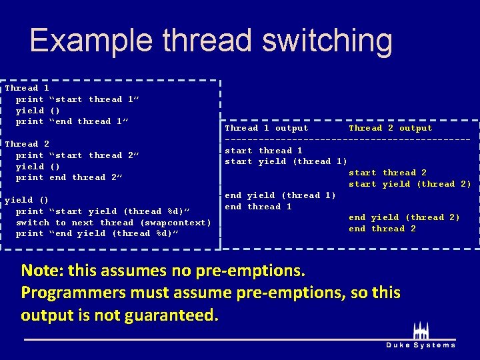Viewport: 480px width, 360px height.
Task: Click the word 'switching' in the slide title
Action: [327, 41]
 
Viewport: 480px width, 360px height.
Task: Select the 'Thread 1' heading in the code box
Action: [27, 87]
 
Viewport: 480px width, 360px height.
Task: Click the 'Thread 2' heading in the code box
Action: [27, 143]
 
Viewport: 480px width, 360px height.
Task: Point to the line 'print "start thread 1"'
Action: [77, 99]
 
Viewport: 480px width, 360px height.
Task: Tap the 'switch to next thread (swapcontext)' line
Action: [113, 222]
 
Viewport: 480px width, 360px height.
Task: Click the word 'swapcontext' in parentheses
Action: [175, 222]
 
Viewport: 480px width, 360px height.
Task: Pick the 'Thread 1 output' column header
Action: [267, 128]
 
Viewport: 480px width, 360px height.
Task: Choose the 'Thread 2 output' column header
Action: [391, 128]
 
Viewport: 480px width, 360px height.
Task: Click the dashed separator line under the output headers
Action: [347, 139]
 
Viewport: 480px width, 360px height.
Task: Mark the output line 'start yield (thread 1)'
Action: [286, 161]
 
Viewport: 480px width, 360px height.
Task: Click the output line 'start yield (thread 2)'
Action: [410, 184]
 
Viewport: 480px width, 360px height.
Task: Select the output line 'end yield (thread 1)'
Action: [281, 195]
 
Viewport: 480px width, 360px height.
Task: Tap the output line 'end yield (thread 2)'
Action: [405, 217]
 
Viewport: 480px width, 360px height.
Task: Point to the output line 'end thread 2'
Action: [382, 229]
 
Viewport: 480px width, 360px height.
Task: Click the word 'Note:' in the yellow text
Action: [44, 271]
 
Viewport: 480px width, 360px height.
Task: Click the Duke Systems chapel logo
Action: [421, 331]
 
